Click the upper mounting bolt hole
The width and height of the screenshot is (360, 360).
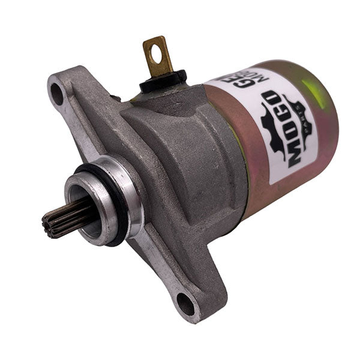pyautogui.click(x=56, y=94)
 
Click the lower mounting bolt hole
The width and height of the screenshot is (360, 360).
pyautogui.click(x=186, y=304)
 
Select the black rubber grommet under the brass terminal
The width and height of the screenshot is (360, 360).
pyautogui.click(x=163, y=80)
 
